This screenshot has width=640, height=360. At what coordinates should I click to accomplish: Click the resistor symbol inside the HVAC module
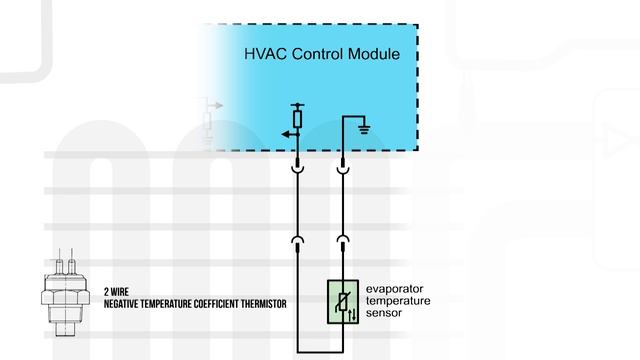click(x=297, y=118)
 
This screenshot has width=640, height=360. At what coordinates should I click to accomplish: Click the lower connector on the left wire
click(x=297, y=240)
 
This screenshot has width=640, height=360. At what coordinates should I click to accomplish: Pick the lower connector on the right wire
click(x=343, y=240)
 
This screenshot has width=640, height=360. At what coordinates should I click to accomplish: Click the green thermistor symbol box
click(x=343, y=301)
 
